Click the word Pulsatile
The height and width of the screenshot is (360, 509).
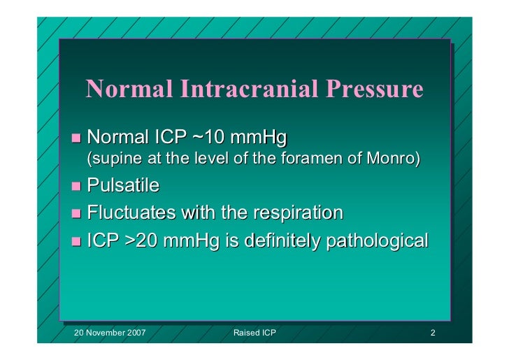click(123, 186)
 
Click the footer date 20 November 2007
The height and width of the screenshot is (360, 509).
click(110, 333)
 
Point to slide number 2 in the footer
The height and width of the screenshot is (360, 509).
click(433, 333)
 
